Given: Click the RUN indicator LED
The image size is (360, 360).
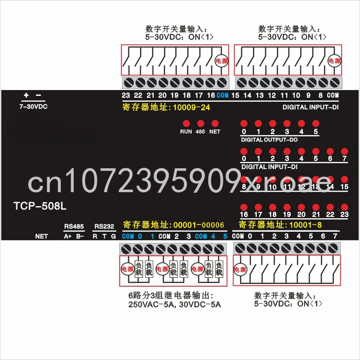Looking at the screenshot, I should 186,123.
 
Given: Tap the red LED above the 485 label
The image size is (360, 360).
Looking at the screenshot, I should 200,123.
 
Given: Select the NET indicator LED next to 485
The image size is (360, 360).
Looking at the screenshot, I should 215,123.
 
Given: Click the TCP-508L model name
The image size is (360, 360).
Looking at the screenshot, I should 40,207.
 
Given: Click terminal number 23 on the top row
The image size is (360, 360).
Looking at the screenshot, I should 126,95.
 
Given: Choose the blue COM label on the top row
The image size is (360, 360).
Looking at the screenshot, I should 222,95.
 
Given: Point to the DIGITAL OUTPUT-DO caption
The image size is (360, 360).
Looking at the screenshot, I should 269,140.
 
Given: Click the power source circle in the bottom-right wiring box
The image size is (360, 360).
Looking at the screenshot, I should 240,270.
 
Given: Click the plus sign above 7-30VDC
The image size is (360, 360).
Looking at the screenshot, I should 26,95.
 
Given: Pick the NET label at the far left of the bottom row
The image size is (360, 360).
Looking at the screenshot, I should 41,236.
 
